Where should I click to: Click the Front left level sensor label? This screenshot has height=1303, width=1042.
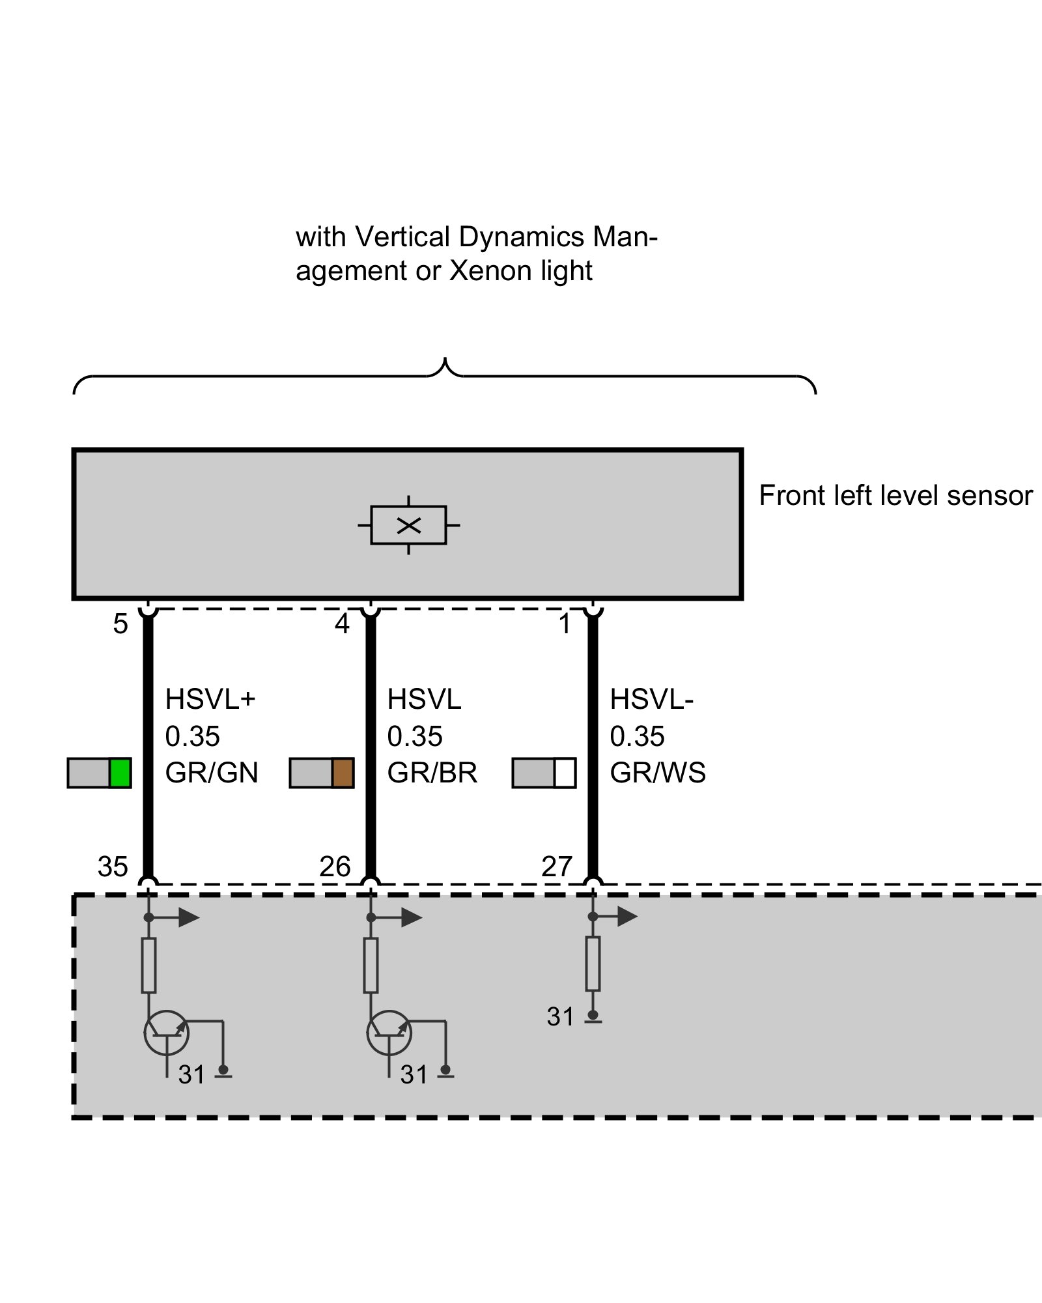coord(895,496)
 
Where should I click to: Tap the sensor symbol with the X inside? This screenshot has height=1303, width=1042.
coord(408,525)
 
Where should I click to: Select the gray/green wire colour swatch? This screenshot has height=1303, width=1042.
coord(100,773)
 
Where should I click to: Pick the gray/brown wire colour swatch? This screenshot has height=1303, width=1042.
coord(322,773)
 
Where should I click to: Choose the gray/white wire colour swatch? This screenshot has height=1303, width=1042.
coord(544,773)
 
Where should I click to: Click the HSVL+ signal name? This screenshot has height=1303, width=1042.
coord(210,700)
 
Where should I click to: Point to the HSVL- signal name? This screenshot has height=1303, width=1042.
coord(651,700)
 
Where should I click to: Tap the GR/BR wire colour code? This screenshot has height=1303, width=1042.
coord(432,773)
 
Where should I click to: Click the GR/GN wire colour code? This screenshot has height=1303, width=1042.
coord(212,773)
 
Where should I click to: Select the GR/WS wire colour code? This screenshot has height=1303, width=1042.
coord(658,773)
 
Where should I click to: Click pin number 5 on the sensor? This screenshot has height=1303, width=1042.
coord(120,624)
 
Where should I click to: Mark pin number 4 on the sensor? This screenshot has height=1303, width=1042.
coord(342,624)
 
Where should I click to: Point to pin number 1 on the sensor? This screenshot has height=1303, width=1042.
coord(565,624)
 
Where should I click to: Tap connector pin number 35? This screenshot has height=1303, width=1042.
coord(113,867)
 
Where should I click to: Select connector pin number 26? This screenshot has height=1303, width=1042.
coord(335,867)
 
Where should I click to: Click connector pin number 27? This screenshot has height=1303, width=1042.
coord(557,867)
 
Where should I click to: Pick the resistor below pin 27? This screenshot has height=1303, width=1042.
coord(593,964)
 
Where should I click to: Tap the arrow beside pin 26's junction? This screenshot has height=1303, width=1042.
coord(410,917)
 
